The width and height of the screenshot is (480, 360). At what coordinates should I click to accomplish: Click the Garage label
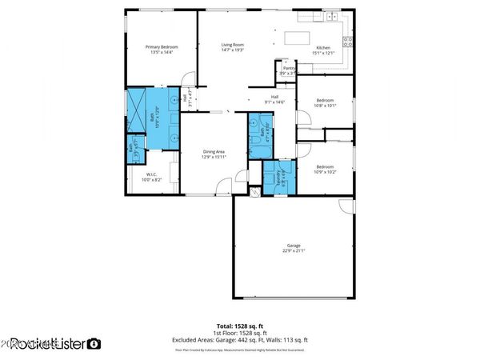point(293,248)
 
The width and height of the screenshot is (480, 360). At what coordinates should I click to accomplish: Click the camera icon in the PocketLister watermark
point(94,344)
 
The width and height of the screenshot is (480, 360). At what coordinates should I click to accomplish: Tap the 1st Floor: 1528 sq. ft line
point(240,334)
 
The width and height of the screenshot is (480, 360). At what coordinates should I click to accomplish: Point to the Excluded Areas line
point(240,341)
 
